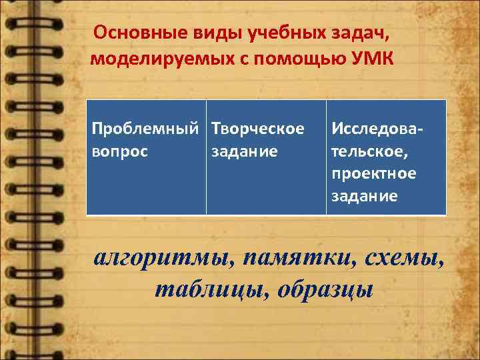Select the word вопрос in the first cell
pos(119,150)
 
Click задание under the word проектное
pos(364,197)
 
